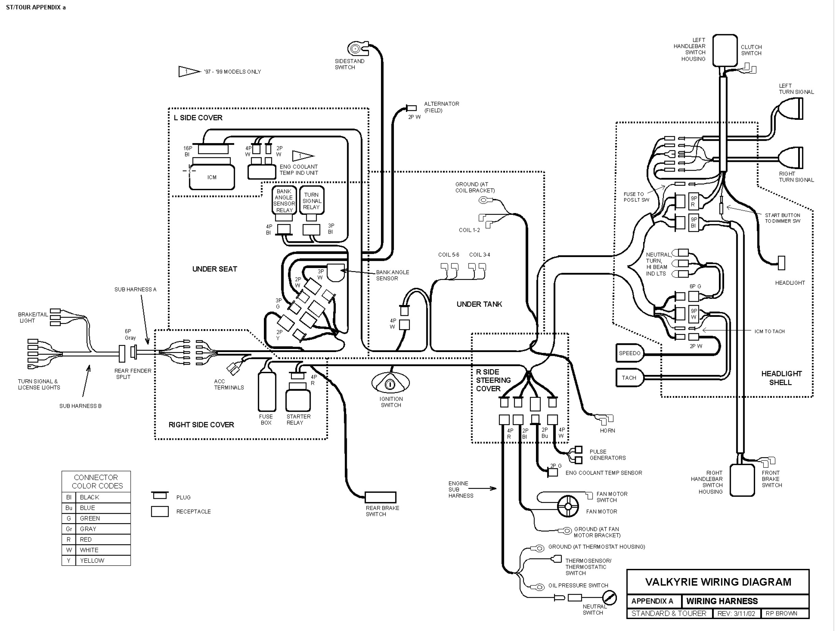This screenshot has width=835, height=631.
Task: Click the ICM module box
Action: tap(212, 177)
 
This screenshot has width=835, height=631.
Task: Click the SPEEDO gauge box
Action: tap(629, 353)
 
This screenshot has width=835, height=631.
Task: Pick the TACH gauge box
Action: tap(629, 378)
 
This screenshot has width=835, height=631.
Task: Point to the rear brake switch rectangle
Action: tap(380, 497)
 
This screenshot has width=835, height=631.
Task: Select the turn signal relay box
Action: tap(312, 200)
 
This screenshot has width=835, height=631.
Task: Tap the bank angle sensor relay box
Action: tap(284, 200)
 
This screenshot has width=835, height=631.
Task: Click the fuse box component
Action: tap(267, 391)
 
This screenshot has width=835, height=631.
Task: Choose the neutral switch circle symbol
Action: tap(609, 598)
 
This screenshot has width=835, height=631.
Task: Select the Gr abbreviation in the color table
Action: tap(69, 529)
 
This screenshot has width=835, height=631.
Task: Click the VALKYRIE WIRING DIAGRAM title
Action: tap(718, 581)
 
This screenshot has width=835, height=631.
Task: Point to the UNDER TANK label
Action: tap(479, 304)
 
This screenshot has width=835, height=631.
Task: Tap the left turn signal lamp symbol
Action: tap(790, 108)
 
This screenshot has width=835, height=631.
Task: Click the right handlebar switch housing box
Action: tap(742, 480)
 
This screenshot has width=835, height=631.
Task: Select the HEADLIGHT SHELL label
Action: tap(781, 378)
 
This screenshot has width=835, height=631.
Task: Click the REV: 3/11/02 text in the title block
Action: tap(736, 614)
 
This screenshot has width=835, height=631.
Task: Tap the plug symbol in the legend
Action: tap(160, 495)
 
